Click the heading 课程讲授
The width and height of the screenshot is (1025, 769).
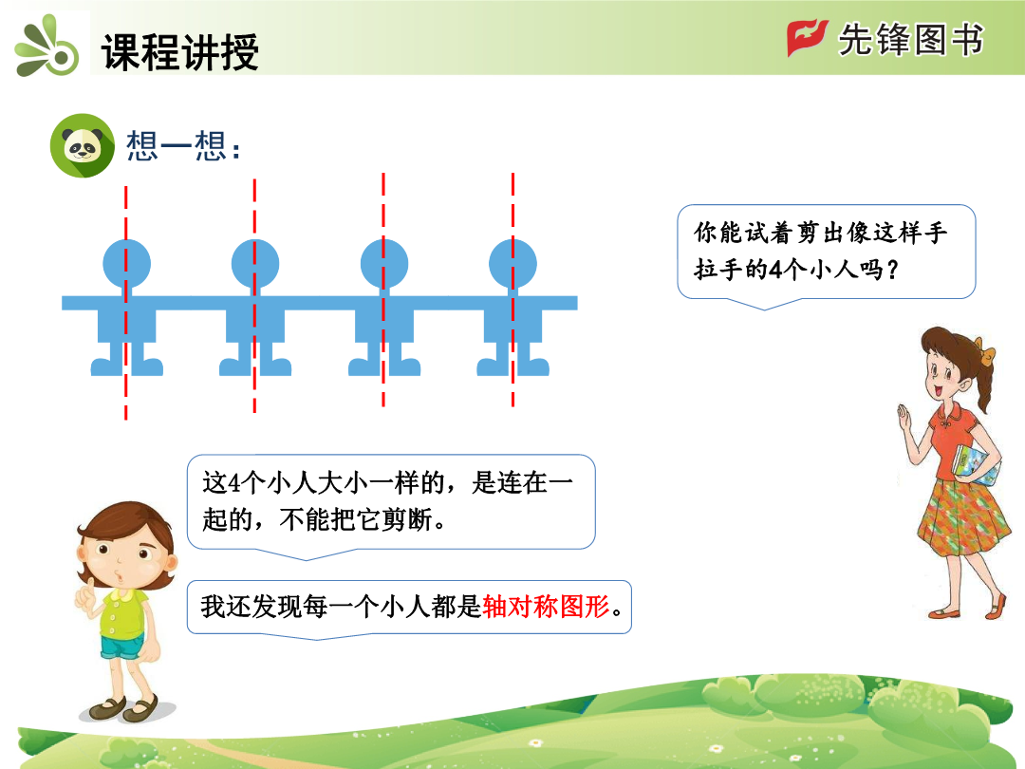click(x=180, y=51)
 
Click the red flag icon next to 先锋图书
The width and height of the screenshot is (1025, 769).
click(x=807, y=37)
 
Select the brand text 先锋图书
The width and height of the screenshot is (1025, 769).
click(x=911, y=39)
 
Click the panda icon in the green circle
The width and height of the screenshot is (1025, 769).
click(x=83, y=145)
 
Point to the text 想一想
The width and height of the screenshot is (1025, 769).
click(x=183, y=145)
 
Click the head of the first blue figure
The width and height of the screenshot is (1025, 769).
click(x=127, y=264)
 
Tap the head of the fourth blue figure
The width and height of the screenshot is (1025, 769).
click(x=513, y=264)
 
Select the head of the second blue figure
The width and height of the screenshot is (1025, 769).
click(x=255, y=264)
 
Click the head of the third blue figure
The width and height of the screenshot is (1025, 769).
click(x=384, y=264)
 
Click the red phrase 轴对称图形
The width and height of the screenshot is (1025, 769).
click(x=547, y=607)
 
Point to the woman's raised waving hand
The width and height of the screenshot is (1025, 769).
click(x=905, y=417)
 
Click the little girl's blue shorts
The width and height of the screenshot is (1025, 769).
click(x=122, y=648)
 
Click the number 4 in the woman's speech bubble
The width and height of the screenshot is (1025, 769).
click(x=775, y=270)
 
